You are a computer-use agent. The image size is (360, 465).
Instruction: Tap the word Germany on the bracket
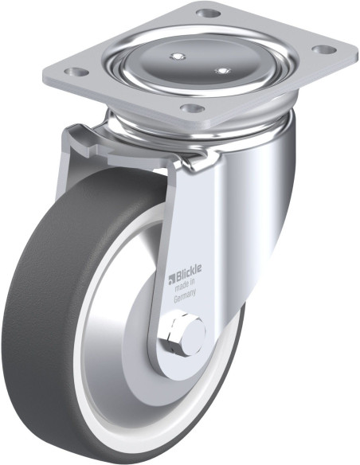pyautogui.click(x=185, y=297)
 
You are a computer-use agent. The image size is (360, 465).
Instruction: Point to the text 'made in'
pyautogui.click(x=185, y=286)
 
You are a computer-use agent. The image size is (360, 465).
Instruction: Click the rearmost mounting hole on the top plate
pyautogui.click(x=208, y=13)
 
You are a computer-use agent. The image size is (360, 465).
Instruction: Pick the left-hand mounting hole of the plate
pyautogui.click(x=76, y=72)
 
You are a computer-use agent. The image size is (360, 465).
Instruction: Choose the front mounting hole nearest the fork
pyautogui.click(x=193, y=108)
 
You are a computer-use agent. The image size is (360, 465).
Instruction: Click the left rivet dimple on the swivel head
pyautogui.click(x=178, y=56)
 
